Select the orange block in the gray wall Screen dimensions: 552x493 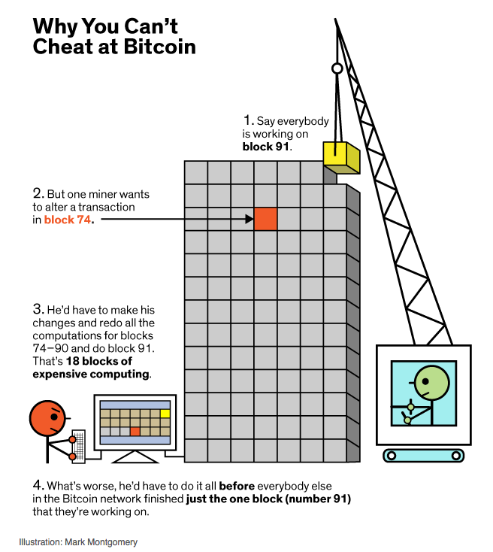click(265, 218)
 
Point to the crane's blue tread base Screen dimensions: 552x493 click(422, 454)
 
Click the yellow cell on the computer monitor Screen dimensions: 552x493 click(165, 413)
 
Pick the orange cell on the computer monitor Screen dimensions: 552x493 click(135, 431)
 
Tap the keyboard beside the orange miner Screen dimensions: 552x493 click(78, 444)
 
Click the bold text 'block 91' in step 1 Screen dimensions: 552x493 click(266, 146)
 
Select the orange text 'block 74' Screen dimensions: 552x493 click(68, 220)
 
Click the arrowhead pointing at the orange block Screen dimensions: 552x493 click(249, 219)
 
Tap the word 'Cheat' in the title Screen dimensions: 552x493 click(62, 47)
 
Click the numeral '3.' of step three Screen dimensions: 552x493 click(38, 310)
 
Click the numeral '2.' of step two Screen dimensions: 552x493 click(38, 193)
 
